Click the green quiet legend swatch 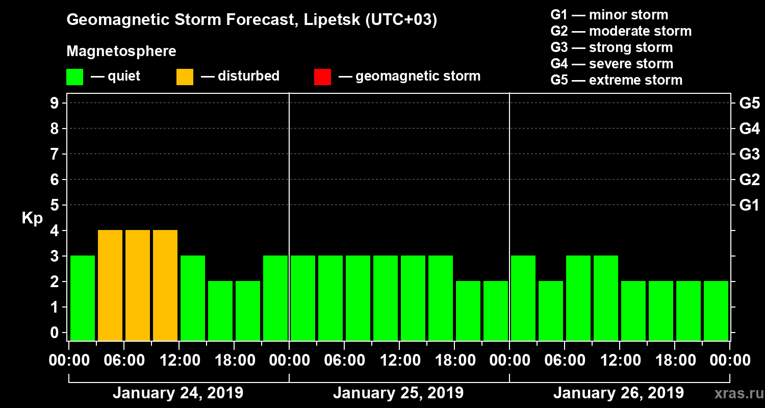coord(74,76)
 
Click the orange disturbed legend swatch coord(185,76)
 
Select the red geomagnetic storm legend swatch coord(322,76)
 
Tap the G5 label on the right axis coord(749,104)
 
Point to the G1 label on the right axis coord(749,206)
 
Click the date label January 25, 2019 coord(398,393)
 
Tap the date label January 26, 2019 coord(618,393)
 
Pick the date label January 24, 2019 coord(177,393)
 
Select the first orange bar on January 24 coord(110,285)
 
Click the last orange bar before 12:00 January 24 coord(165,285)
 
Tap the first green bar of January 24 coord(83,298)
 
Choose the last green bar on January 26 coord(716,311)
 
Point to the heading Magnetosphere coord(121,52)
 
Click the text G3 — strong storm coord(611,47)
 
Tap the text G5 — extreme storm coord(616,80)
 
